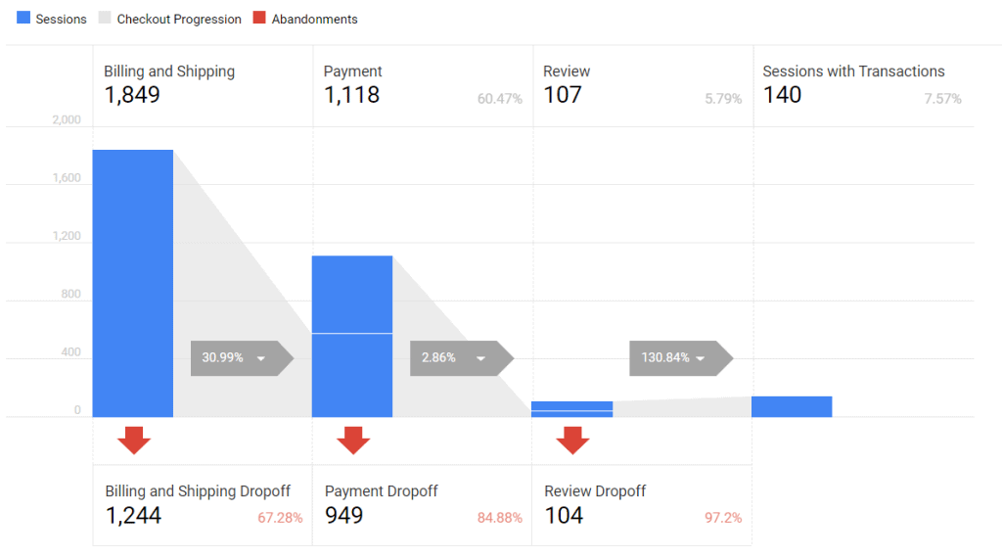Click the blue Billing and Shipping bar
(133, 284)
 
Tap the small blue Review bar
(572, 409)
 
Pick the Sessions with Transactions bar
(792, 406)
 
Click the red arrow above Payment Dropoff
(353, 441)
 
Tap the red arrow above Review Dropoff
(572, 441)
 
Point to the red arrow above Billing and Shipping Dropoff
(134, 441)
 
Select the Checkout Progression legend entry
(170, 19)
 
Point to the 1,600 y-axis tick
(67, 178)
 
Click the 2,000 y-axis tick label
(67, 120)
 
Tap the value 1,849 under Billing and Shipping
(132, 95)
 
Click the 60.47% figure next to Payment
(499, 99)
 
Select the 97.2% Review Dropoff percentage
(722, 517)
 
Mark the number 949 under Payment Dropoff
(343, 515)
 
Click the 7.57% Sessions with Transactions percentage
(942, 99)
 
